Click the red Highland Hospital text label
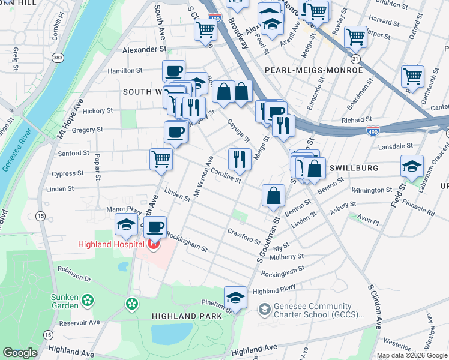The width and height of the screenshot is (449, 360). pos(111,244)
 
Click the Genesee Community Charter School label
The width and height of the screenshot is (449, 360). pos(319,310)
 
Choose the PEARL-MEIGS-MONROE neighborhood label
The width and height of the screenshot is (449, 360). pos(313,70)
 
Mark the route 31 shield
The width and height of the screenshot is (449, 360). pos(355,59)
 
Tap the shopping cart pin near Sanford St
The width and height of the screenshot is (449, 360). pos(161,159)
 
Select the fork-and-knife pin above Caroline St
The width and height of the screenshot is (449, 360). pos(240,159)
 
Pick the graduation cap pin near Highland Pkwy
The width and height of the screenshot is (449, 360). pos(235,297)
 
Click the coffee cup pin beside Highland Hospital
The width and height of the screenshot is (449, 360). pos(155,226)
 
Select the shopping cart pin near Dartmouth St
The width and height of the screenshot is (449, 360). pos(412,76)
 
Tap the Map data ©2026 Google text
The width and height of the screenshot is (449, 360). pos(412,355)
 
